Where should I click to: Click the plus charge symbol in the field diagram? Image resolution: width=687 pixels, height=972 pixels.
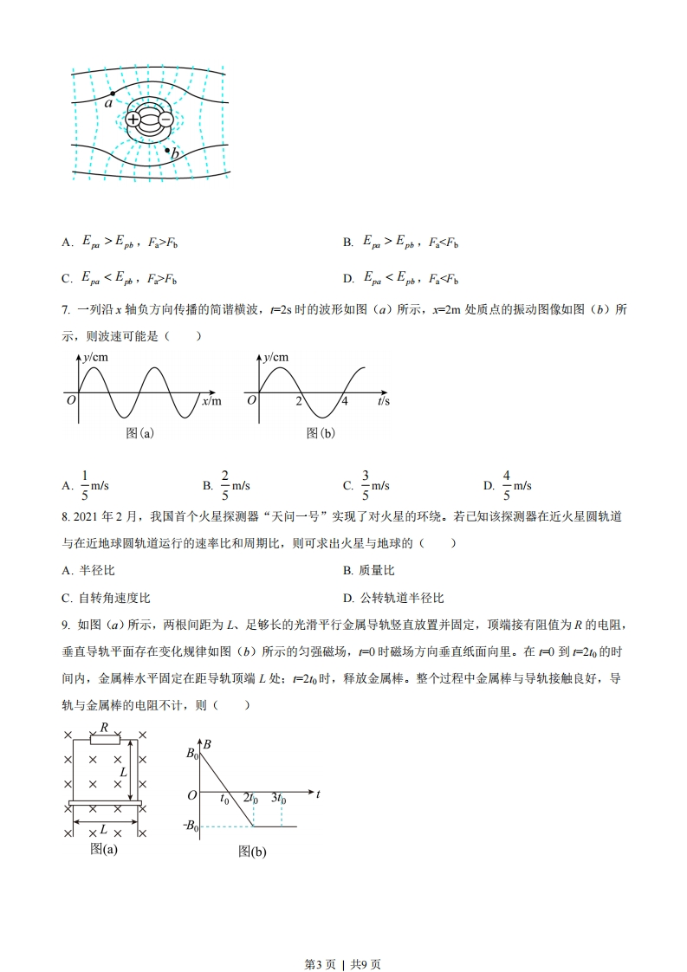click(x=133, y=120)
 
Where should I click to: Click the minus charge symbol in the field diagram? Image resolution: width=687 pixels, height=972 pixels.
click(x=165, y=120)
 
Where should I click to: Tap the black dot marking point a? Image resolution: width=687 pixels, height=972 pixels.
click(x=113, y=94)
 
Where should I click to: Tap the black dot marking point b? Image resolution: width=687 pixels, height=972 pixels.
click(x=168, y=150)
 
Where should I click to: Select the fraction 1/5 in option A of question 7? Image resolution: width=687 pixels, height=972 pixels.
click(x=85, y=485)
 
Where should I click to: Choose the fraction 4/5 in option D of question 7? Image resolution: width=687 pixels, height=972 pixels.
click(x=506, y=485)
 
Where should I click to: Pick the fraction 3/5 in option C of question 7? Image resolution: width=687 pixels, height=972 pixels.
click(x=365, y=485)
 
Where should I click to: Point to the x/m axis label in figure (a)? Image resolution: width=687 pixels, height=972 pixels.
click(x=211, y=401)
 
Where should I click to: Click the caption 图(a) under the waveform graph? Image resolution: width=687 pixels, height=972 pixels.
click(x=139, y=433)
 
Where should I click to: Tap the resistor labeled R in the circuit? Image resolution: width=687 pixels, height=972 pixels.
click(x=105, y=741)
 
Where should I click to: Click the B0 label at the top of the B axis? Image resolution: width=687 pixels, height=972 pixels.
click(x=192, y=754)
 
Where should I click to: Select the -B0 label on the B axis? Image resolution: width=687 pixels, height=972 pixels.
click(x=191, y=826)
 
